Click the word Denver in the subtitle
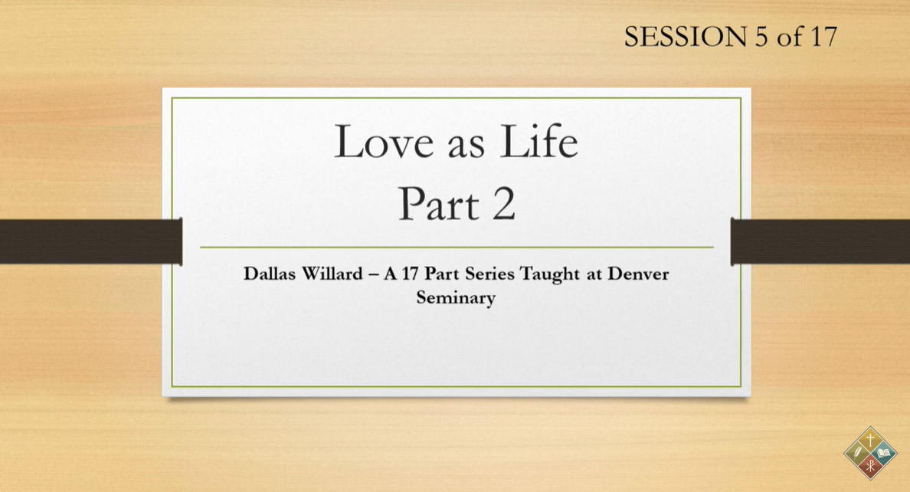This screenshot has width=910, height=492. [638, 274]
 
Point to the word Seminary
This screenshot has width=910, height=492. [456, 297]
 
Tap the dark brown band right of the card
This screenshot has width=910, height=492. [820, 241]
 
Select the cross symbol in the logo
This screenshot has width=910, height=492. [870, 440]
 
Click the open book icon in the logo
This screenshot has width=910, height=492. [885, 454]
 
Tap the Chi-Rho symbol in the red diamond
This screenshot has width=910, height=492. [870, 467]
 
